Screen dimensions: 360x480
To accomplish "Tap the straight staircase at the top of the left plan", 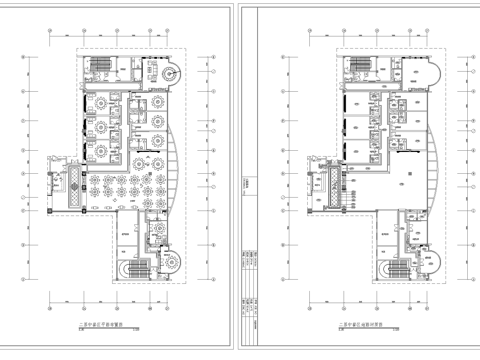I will [99, 68].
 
